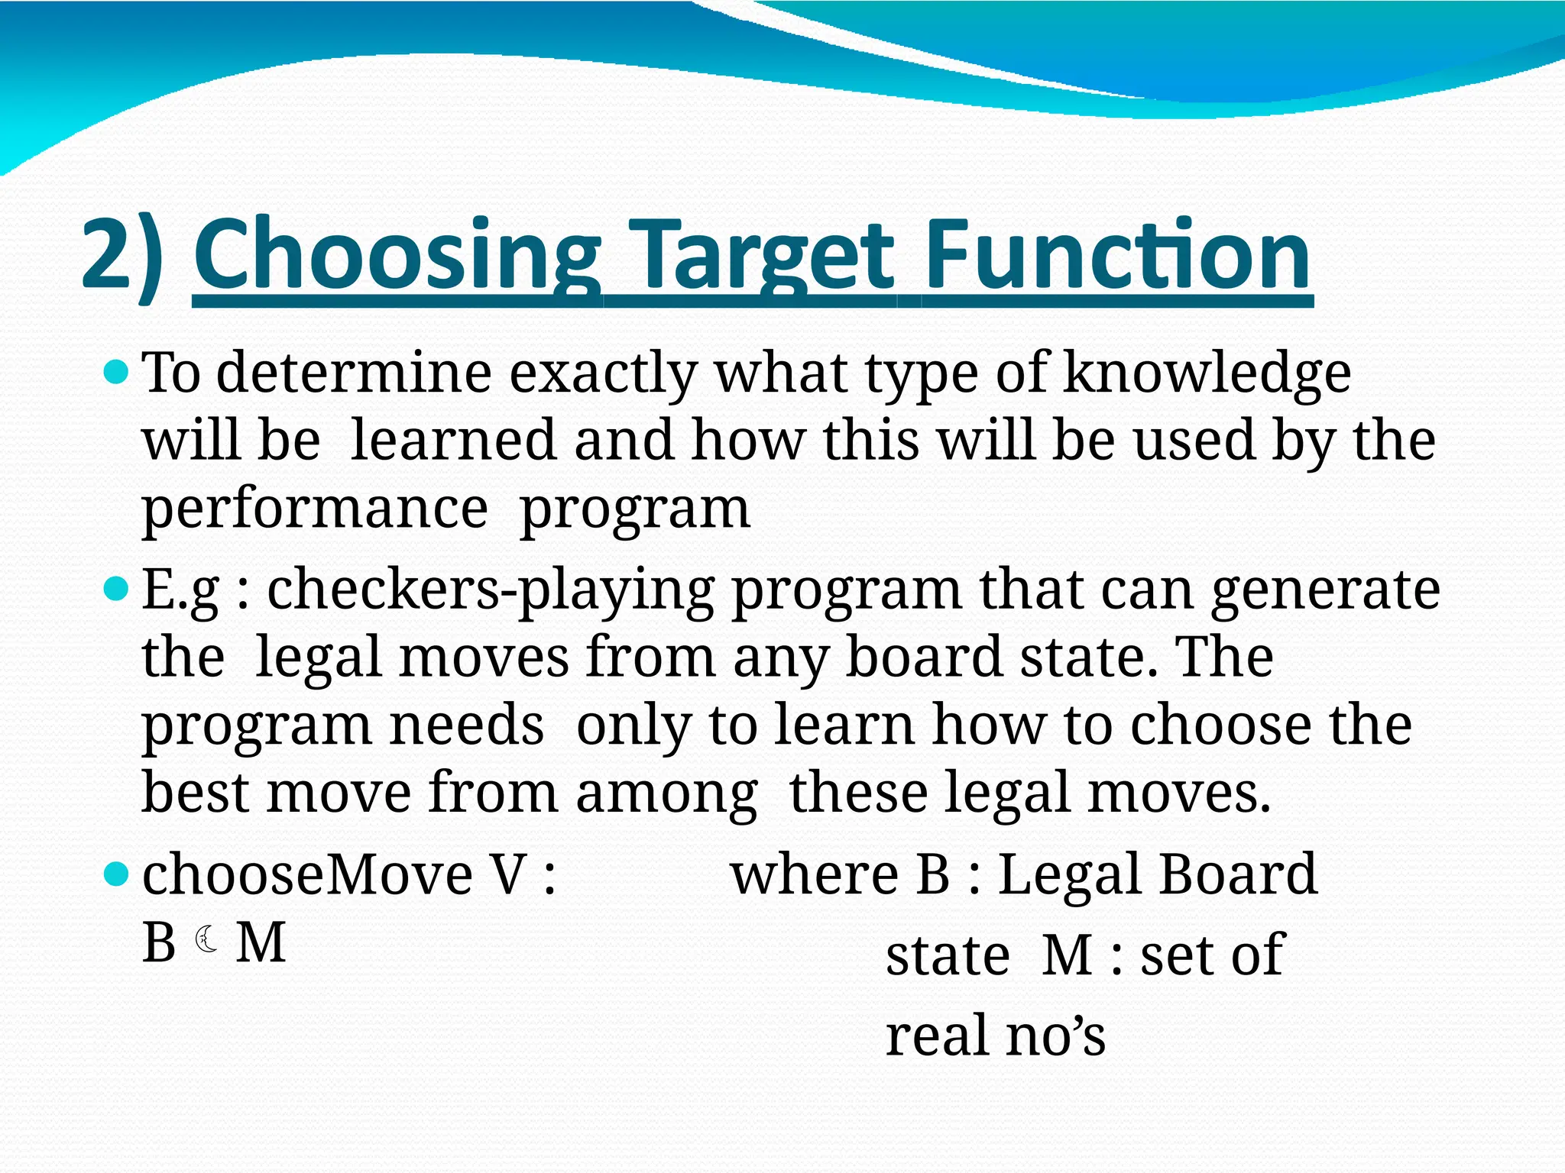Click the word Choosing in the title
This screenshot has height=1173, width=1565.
click(x=397, y=256)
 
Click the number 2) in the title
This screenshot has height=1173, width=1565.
click(x=122, y=256)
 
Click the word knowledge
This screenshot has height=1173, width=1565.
click(x=1207, y=374)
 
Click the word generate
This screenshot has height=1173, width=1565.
click(x=1326, y=591)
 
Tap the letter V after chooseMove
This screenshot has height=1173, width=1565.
click(x=509, y=874)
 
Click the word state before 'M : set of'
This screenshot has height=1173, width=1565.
click(x=948, y=956)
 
